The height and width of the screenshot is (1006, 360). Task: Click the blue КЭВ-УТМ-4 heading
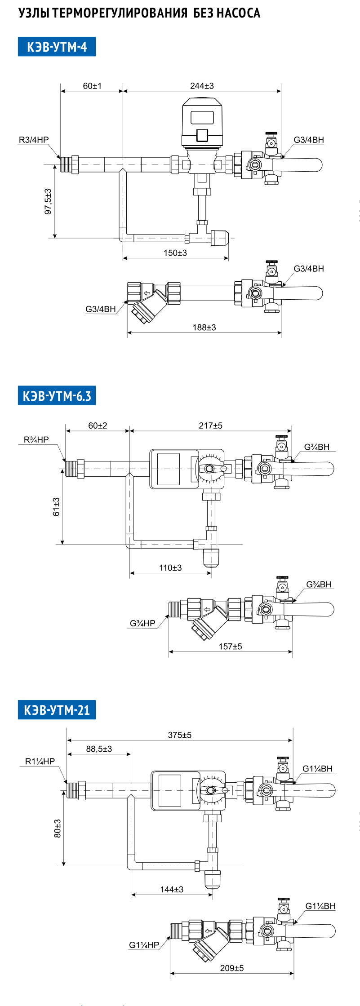(x=57, y=47)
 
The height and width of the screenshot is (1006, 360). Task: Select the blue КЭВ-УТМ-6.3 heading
(x=57, y=396)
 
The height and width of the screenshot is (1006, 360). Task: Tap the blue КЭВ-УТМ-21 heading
(x=57, y=710)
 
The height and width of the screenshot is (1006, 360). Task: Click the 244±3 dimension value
(x=202, y=86)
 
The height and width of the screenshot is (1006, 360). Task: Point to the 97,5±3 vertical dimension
(x=48, y=201)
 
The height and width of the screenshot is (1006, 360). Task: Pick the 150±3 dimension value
(x=175, y=253)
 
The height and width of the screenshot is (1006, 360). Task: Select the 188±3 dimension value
(x=204, y=328)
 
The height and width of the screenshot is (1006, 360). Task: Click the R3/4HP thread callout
(x=34, y=140)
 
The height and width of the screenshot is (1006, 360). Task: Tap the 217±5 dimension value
(x=210, y=425)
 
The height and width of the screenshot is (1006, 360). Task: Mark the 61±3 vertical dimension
(x=56, y=507)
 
